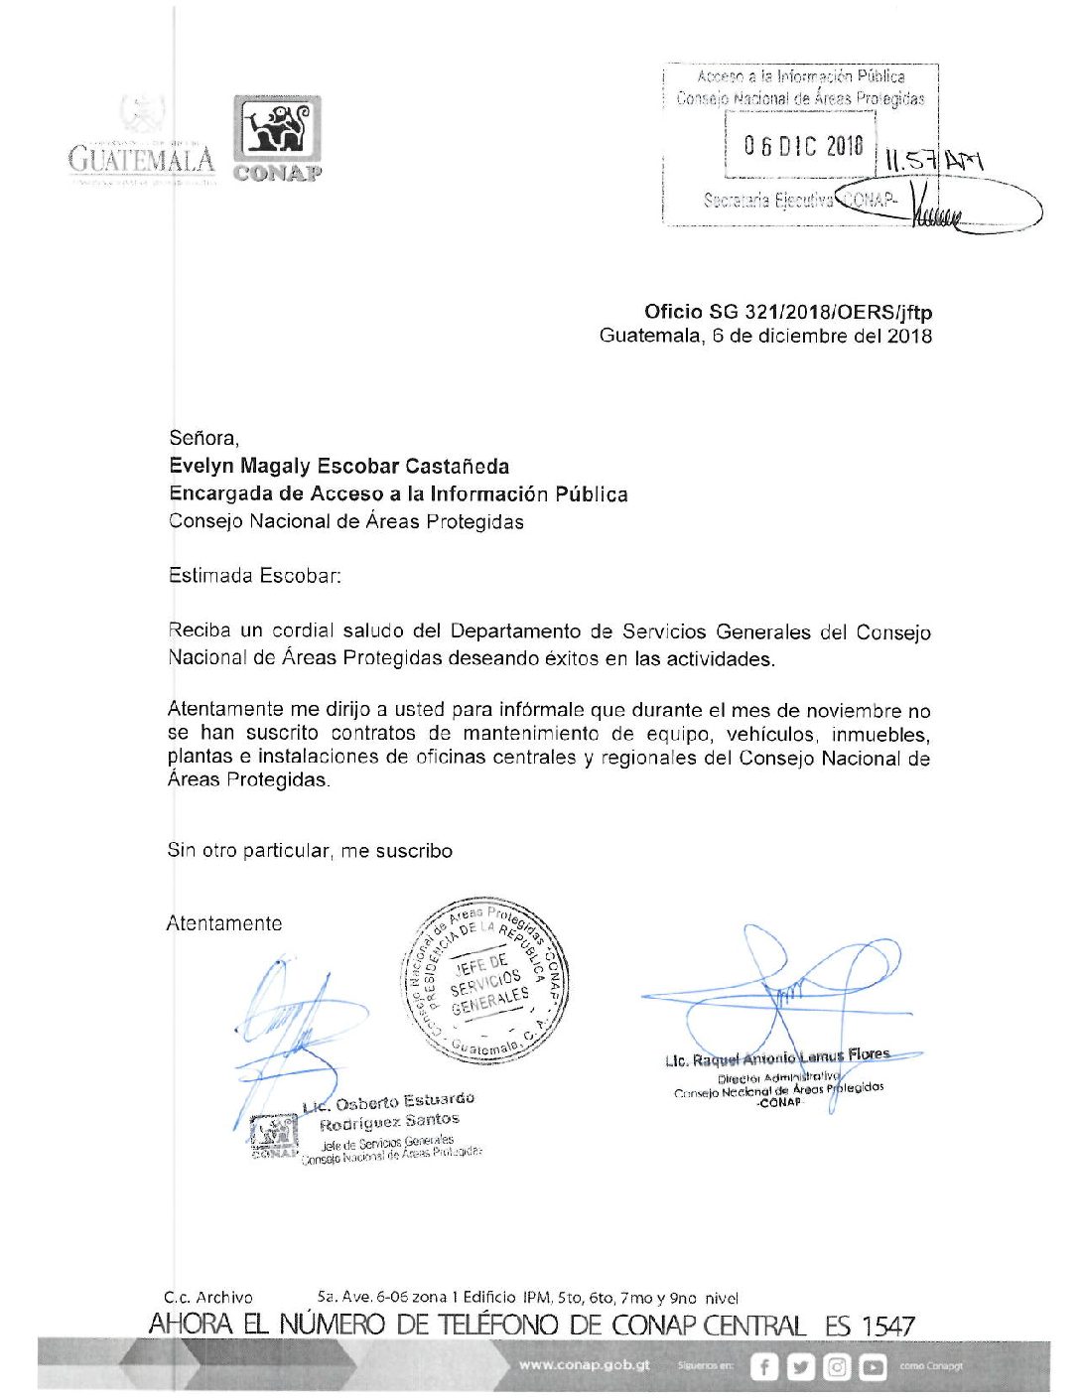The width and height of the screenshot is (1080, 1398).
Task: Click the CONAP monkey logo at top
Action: [x=277, y=131]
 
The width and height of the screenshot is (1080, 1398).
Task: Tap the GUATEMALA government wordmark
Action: [x=141, y=159]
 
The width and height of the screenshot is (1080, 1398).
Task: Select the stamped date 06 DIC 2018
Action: [x=803, y=147]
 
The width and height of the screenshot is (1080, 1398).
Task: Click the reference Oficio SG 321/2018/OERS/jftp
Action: [x=787, y=312]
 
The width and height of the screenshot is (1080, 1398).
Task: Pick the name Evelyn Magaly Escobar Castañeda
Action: [x=338, y=467]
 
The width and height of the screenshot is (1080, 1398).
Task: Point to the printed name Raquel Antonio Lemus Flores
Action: [x=777, y=1058]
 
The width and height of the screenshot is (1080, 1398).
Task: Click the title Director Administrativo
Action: [x=777, y=1076]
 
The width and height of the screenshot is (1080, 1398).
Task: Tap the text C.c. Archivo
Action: [x=208, y=1297]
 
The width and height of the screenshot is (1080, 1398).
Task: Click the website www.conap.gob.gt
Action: [x=584, y=1365]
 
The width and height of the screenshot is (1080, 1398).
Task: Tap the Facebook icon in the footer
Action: [x=763, y=1367]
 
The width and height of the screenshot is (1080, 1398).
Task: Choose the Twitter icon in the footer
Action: [x=800, y=1367]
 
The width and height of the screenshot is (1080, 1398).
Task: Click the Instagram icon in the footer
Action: [x=837, y=1367]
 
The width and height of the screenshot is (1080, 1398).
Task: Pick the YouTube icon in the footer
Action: [x=874, y=1367]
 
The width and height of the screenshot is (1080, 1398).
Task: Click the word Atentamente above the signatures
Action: [x=224, y=923]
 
